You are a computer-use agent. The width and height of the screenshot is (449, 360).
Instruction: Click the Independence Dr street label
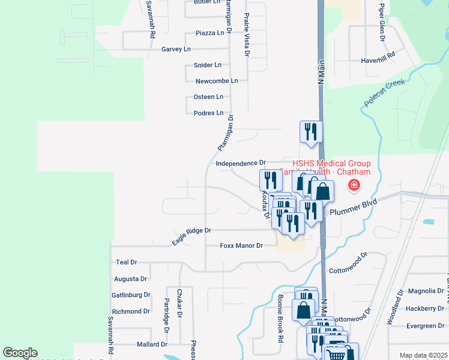coord(240,163)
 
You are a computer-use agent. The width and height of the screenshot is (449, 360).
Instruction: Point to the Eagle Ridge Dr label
coord(191,235)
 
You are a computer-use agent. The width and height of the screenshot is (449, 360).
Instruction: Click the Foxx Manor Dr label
coord(241,245)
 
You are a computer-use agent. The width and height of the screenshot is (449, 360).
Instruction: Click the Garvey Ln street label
coord(176,49)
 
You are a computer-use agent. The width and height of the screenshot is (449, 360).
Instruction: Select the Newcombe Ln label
coord(217,80)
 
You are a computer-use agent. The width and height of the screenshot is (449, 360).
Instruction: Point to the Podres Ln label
coord(208,113)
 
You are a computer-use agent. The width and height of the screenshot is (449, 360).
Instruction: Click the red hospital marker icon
coord(354,185)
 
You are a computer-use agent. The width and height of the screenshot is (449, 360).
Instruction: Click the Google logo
coord(20,353)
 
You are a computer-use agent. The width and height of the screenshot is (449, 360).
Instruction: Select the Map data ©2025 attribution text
coord(423,355)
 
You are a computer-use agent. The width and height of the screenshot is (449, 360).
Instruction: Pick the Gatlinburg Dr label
coord(130,295)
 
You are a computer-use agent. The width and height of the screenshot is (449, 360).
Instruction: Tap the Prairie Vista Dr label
coord(247,36)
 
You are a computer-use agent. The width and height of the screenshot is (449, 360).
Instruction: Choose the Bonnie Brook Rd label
coord(280,318)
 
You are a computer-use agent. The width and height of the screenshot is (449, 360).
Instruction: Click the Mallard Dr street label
coord(151,344)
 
